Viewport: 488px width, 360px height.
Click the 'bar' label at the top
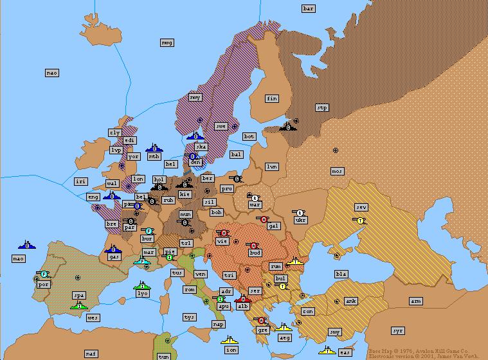pyautogui.click(x=309, y=8)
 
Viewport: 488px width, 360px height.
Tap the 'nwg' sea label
pyautogui.click(x=167, y=42)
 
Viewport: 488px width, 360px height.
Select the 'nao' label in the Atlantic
pyautogui.click(x=52, y=73)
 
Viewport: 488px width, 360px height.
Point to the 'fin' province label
pyautogui.click(x=272, y=98)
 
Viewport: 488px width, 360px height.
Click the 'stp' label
pyautogui.click(x=322, y=107)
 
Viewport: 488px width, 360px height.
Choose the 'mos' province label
pyautogui.click(x=337, y=171)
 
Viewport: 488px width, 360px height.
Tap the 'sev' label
pyautogui.click(x=361, y=207)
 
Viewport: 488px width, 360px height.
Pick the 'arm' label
pyautogui.click(x=416, y=301)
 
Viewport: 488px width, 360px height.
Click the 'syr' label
pyautogui.click(x=398, y=330)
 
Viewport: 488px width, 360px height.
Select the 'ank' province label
pyautogui.click(x=350, y=301)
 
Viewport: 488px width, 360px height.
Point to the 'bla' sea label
pyautogui.click(x=341, y=274)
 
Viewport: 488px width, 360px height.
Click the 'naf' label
pyautogui.click(x=91, y=354)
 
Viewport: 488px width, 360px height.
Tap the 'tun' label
pyautogui.click(x=164, y=356)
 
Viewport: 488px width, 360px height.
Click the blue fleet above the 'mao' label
pyautogui.click(x=26, y=245)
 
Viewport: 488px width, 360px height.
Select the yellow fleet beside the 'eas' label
pyautogui.click(x=327, y=350)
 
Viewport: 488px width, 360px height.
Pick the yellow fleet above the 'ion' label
pyautogui.click(x=229, y=340)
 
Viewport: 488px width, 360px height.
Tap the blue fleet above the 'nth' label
pyautogui.click(x=153, y=148)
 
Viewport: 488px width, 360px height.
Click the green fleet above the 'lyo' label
pyautogui.click(x=141, y=285)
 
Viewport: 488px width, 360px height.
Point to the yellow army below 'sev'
pyautogui.click(x=359, y=220)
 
